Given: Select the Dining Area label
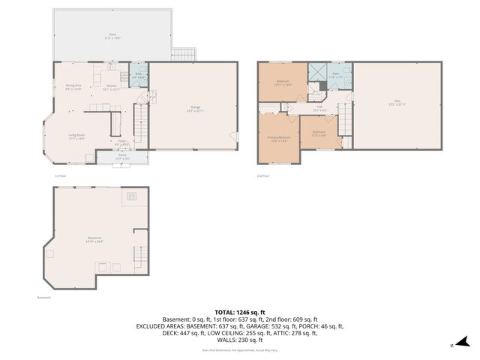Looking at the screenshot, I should [73, 86].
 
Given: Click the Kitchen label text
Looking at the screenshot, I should [111, 87].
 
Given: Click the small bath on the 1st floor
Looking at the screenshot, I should [139, 76].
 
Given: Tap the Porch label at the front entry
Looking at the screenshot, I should [121, 157].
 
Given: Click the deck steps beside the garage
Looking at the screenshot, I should [184, 55].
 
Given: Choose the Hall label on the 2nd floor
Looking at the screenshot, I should [319, 109].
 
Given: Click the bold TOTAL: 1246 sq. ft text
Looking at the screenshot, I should [239, 311].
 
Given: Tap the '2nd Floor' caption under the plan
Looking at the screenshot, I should [263, 176].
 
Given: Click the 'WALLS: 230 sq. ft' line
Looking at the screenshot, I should [239, 340].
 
